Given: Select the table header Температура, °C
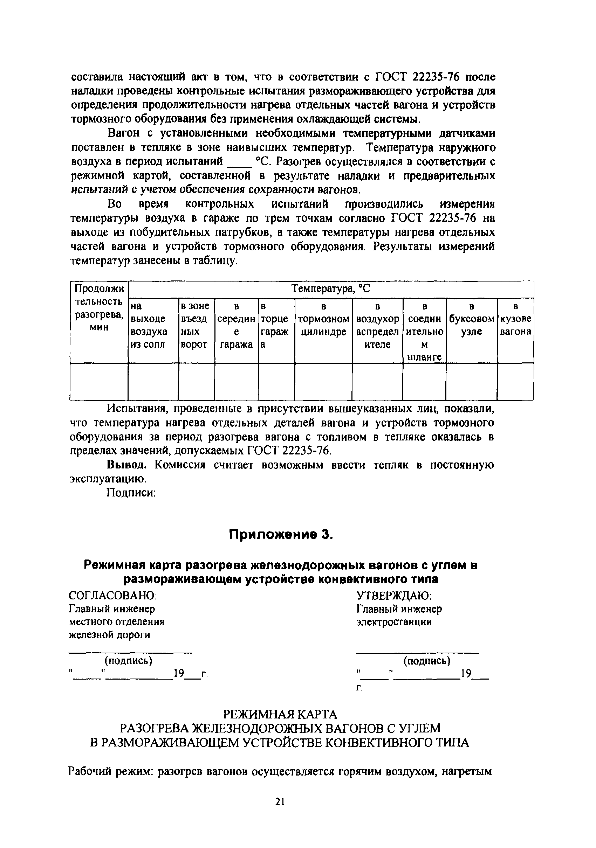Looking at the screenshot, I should [x=331, y=289].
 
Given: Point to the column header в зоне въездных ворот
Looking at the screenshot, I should [x=196, y=325].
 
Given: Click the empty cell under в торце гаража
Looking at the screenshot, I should [x=276, y=382].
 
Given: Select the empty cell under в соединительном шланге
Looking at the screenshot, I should [x=424, y=382].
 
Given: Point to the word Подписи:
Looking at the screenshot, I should [x=131, y=493].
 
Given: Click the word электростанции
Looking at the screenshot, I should [x=394, y=622].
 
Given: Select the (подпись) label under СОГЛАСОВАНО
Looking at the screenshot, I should [x=129, y=660].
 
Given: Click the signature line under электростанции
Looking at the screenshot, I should [x=418, y=653].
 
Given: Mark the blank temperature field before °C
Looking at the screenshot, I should [x=241, y=163].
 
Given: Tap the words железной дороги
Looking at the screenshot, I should [x=110, y=635].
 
